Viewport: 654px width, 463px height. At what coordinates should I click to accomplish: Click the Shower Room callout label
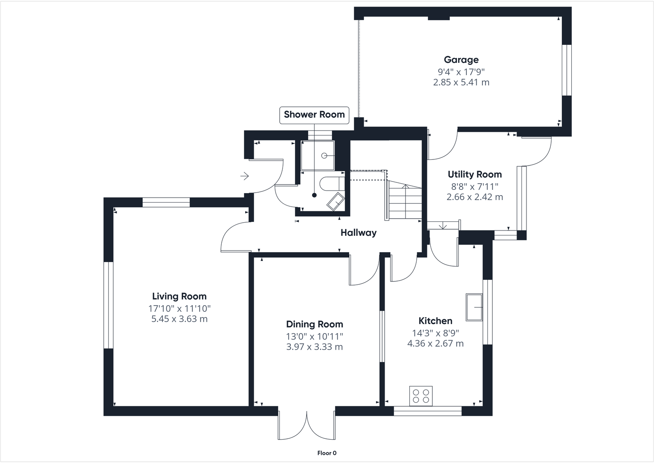tap(314, 115)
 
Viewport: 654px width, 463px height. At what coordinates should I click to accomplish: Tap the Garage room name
tap(461, 60)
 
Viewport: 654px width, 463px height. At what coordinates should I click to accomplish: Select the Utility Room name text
tap(475, 175)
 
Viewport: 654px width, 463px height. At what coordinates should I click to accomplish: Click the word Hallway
tap(358, 233)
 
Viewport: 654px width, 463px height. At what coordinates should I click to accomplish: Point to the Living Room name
tap(179, 297)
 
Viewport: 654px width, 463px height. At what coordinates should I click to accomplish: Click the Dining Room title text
tap(315, 325)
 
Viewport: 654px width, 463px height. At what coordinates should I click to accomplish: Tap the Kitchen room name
tap(435, 321)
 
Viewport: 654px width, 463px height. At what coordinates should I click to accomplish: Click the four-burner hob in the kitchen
tap(421, 396)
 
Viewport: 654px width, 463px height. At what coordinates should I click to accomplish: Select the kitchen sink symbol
tap(474, 307)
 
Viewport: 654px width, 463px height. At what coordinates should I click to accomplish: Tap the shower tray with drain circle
tap(318, 155)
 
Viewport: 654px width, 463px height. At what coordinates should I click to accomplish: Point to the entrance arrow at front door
tap(245, 176)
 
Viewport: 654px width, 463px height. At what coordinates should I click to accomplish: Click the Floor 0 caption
tap(327, 453)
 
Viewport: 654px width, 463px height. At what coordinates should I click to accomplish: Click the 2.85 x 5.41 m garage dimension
tap(461, 83)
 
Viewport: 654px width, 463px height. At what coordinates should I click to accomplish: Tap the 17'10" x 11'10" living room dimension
tap(179, 309)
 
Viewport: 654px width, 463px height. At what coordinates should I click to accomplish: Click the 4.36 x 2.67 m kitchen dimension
tap(435, 344)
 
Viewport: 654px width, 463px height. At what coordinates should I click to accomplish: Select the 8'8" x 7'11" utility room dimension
tap(475, 186)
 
